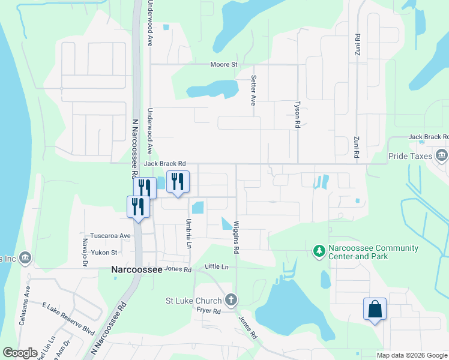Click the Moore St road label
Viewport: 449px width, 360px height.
click(x=224, y=64)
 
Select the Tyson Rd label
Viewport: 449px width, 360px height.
click(x=297, y=114)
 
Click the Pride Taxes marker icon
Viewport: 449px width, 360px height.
click(x=442, y=156)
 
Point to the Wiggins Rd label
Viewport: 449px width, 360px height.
click(x=237, y=237)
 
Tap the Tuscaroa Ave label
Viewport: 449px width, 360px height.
click(x=110, y=236)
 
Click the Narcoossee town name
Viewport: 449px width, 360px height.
click(x=137, y=270)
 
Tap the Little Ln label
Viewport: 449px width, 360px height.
click(x=217, y=266)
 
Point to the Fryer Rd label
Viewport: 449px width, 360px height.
click(x=208, y=311)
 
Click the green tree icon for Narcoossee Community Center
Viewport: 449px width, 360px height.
click(x=319, y=249)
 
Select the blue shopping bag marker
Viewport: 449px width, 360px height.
click(x=375, y=310)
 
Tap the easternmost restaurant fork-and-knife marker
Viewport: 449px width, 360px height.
click(x=178, y=182)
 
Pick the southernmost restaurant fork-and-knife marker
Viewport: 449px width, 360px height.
click(x=138, y=207)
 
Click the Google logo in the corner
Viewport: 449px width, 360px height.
click(x=20, y=353)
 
